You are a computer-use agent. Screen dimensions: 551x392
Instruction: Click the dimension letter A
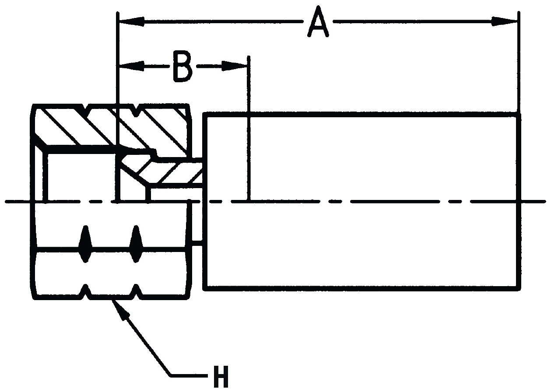pos(318,21)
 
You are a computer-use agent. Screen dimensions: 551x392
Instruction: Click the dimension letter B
pos(182,66)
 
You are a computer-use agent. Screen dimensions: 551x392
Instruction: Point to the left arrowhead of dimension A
pos(131,21)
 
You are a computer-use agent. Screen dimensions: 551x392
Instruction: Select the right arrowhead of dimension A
pos(504,21)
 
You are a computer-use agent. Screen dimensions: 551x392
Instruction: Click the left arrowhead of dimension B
pos(131,66)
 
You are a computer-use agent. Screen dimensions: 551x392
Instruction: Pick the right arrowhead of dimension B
pos(235,66)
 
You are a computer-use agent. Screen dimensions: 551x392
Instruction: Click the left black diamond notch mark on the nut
pos(85,244)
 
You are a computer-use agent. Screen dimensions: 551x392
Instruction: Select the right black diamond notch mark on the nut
pos(136,244)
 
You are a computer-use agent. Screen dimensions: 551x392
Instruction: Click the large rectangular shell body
pos(361,202)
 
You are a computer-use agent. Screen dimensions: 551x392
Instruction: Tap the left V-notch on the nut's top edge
pos(85,110)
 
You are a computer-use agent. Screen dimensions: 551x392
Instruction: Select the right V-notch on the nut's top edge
pos(136,110)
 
